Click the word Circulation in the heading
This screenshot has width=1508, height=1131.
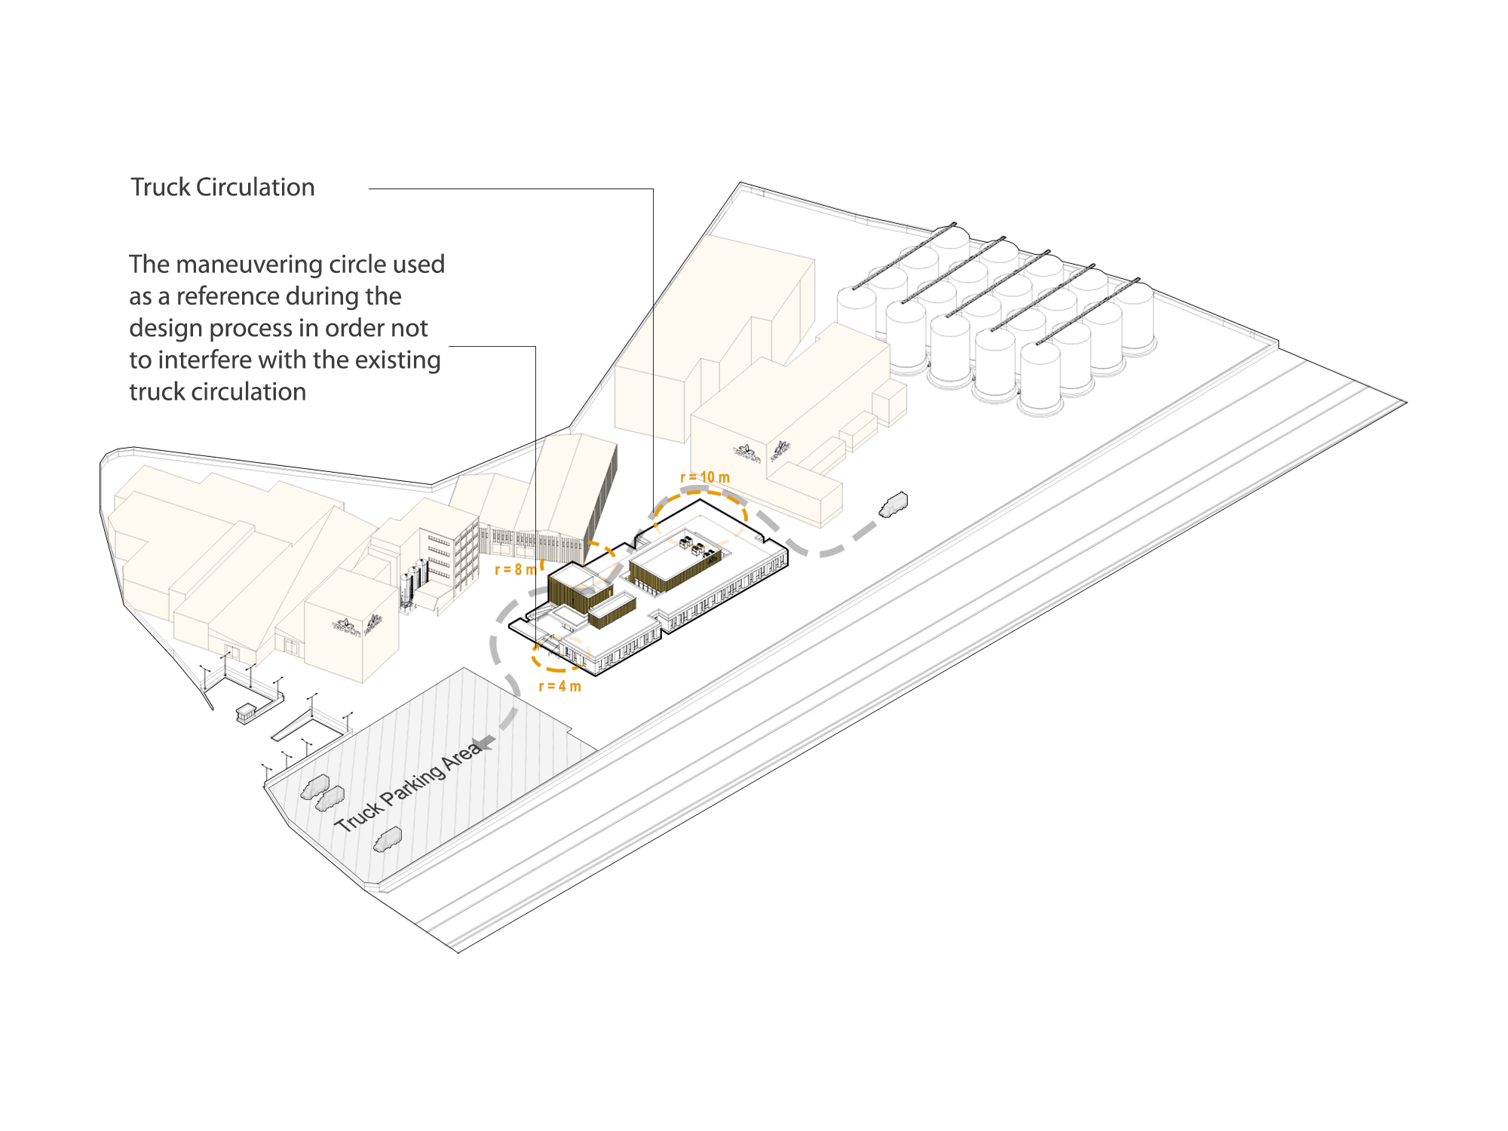(255, 187)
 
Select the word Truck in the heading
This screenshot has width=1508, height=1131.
(161, 187)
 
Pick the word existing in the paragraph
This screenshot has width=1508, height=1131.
(397, 360)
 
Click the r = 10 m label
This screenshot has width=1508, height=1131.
(705, 477)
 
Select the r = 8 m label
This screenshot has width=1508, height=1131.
(515, 569)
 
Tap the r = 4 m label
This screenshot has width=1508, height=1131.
(559, 686)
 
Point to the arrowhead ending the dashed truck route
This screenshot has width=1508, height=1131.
(484, 743)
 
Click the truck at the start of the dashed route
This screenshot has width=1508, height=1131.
(893, 504)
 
